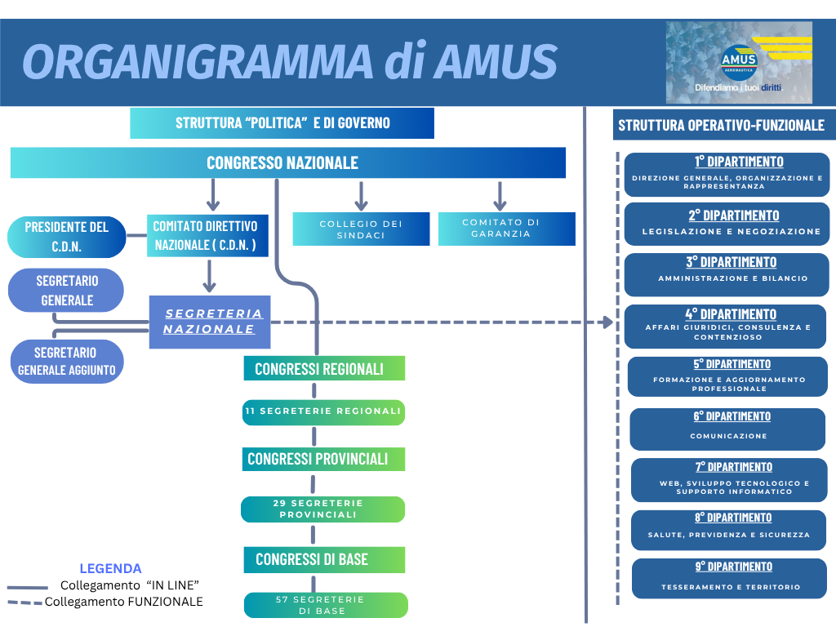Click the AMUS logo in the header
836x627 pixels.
point(739,62)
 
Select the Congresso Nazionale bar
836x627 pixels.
point(288,162)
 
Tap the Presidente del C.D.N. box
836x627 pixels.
point(67,237)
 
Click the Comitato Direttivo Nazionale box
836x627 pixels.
point(207,236)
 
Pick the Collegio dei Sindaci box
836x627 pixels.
point(361,229)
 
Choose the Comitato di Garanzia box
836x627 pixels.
point(506,229)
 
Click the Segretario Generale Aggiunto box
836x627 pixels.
point(67,362)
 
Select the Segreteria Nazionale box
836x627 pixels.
point(210,322)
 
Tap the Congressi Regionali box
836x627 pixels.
point(324,368)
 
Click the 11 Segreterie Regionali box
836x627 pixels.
point(323,412)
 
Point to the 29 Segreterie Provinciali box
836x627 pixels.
point(322,509)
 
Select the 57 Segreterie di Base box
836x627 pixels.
point(326,605)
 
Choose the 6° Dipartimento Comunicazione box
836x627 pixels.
point(727,429)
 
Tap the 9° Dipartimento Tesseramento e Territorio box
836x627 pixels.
point(729,579)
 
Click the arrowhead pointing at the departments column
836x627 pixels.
point(607,322)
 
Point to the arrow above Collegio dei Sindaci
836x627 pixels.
point(361,196)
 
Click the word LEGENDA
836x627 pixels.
point(110,568)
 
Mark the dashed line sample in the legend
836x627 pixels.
point(24,603)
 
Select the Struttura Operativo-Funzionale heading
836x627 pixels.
point(722,125)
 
